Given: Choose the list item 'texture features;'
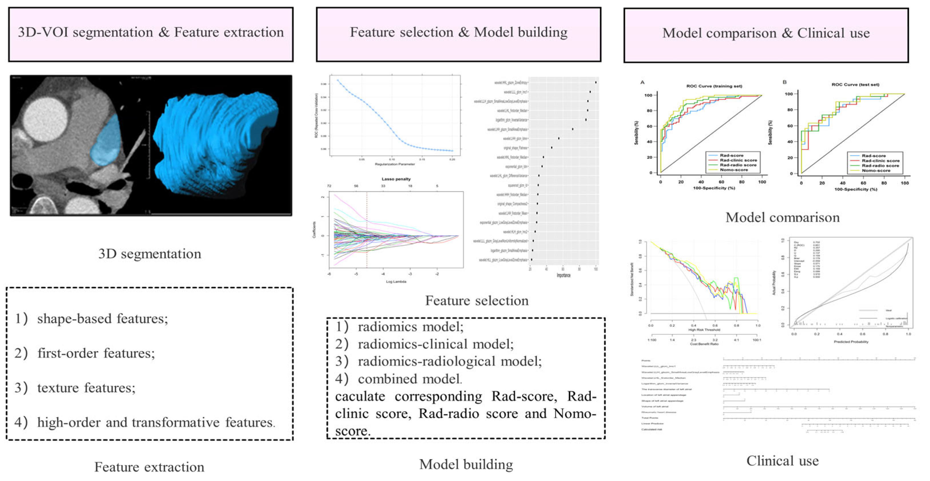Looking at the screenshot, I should (86, 388).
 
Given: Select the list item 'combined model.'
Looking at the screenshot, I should (410, 379).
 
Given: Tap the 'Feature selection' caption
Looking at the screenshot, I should (477, 301).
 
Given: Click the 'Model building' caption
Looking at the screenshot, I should (466, 464).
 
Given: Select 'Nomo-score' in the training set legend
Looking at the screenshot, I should (733, 170).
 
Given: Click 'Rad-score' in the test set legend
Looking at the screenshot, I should (874, 156).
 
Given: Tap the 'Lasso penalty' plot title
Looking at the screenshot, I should (396, 179).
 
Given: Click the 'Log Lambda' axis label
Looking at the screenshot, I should (396, 282).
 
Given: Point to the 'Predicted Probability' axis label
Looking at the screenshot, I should (851, 342).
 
